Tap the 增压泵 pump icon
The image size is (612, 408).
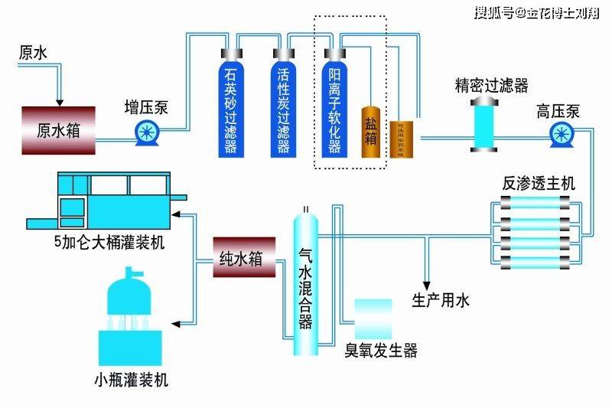pyautogui.click(x=145, y=132)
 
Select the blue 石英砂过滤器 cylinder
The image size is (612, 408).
pyautogui.click(x=230, y=107)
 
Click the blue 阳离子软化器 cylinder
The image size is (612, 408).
pyautogui.click(x=334, y=107)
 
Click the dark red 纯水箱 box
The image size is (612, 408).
pyautogui.click(x=244, y=259)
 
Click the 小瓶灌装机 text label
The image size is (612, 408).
pyautogui.click(x=131, y=380)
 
